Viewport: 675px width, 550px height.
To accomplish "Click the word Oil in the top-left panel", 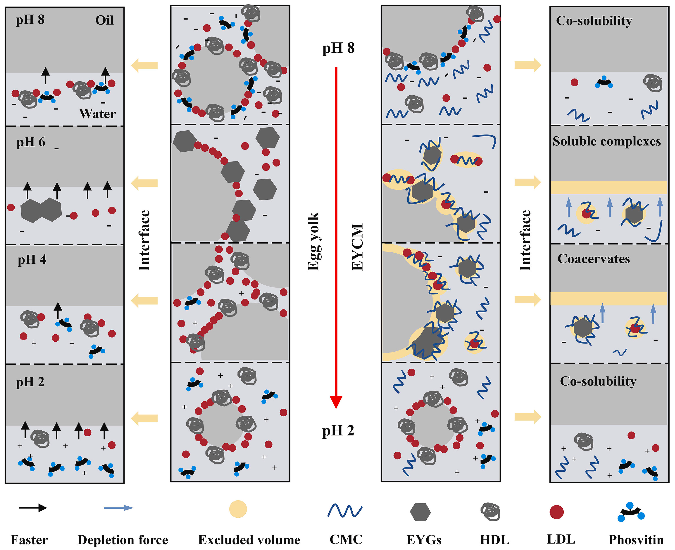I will click(x=104, y=20).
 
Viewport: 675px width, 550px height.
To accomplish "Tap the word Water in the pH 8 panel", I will click(x=97, y=114).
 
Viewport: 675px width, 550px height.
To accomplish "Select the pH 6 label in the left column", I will click(x=31, y=142).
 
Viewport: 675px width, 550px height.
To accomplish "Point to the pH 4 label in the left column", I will click(x=32, y=260).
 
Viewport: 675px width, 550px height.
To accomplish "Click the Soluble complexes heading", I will click(x=607, y=141).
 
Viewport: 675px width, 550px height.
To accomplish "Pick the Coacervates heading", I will click(x=594, y=259).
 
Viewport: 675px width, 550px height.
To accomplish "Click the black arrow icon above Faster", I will click(x=33, y=508).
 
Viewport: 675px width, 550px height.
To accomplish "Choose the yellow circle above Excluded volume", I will click(x=238, y=509).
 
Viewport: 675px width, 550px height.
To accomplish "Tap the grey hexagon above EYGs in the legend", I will click(x=420, y=512).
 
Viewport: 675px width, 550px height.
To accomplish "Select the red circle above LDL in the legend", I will click(x=556, y=512).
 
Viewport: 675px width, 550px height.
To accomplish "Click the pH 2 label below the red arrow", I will click(x=338, y=431).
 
